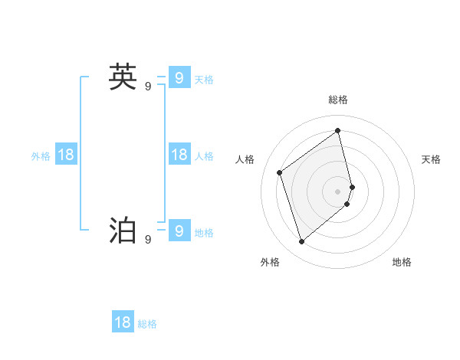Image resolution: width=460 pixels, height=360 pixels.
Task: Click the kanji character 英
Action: pos(123,77)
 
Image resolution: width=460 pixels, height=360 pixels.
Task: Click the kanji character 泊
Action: pos(123,231)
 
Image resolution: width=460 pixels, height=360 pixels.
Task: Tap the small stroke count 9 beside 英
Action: pos(148,87)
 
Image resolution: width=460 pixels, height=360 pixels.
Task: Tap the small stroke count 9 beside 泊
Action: pos(148,240)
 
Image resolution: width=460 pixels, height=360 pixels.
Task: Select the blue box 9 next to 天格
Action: pos(179,77)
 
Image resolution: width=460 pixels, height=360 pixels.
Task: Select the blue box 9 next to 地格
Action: pos(179,231)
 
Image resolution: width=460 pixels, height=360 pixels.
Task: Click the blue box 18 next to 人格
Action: pos(179,155)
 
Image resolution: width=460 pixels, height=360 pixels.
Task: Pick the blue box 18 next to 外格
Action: pos(66,155)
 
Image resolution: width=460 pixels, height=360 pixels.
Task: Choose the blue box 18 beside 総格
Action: pos(123,322)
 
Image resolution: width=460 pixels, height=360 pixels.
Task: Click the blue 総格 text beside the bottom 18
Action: pos(147,324)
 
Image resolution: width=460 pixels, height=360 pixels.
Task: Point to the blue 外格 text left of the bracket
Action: pos(41,156)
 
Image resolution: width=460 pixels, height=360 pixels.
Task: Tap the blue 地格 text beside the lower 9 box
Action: pos(204,232)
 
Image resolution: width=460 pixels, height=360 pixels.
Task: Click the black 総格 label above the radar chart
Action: pos(338,100)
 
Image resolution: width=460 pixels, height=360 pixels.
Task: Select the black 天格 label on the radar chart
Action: pos(431,159)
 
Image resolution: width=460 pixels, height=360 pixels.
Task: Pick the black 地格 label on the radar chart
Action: pos(402,262)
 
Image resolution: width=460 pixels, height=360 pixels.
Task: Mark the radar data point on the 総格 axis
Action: pos(338,131)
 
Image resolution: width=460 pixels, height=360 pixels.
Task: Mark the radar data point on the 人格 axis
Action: pos(280,172)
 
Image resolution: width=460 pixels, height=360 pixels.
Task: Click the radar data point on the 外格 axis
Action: pos(301,242)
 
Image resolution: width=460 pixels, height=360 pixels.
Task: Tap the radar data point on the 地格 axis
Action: pos(347,204)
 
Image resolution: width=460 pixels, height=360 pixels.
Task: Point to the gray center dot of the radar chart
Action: pos(338,191)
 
